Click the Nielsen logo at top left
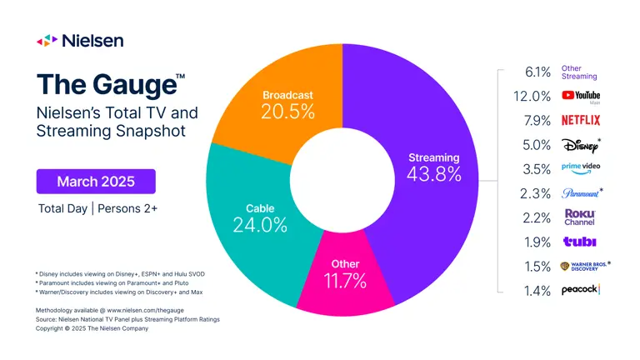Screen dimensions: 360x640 [79, 40]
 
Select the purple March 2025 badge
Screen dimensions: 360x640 [95, 181]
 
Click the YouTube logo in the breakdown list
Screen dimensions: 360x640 [581, 97]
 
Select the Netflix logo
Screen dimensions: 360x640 [580, 120]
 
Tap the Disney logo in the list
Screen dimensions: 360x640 [580, 144]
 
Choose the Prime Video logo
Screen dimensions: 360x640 [581, 168]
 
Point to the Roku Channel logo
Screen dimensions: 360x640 [579, 217]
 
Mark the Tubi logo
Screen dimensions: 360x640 [579, 242]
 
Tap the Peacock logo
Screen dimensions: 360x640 [581, 290]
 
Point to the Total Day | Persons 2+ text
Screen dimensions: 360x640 [97, 207]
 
